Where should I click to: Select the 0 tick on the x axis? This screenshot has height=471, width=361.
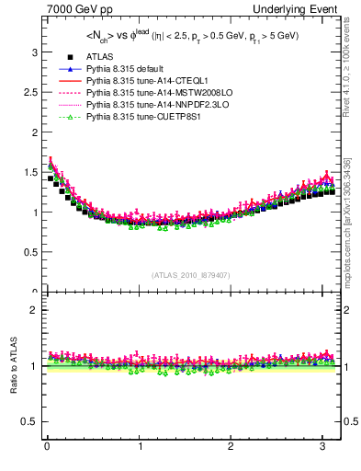click(x=47, y=446)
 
